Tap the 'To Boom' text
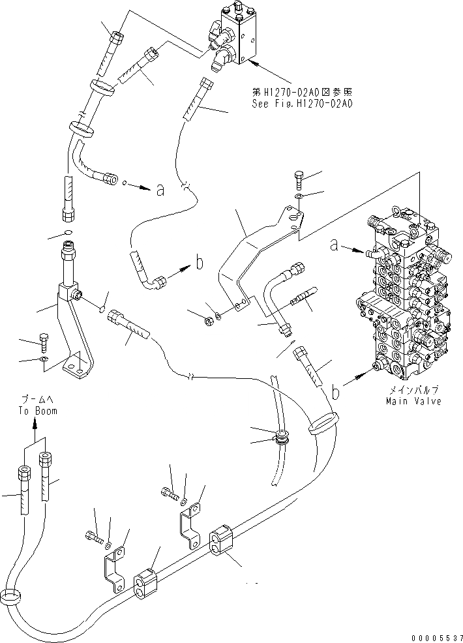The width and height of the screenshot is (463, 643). click(x=37, y=411)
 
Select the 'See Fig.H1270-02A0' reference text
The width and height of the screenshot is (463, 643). click(x=301, y=103)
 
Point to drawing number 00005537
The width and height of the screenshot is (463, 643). click(x=436, y=636)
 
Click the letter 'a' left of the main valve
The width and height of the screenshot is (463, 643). click(x=334, y=245)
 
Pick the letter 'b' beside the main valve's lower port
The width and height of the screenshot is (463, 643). click(x=336, y=393)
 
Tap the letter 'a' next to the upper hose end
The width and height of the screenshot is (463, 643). click(x=160, y=190)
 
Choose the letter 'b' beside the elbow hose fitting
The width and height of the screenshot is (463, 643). click(x=200, y=264)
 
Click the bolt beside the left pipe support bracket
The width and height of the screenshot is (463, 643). click(x=44, y=341)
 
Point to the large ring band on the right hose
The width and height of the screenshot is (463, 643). click(x=323, y=426)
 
